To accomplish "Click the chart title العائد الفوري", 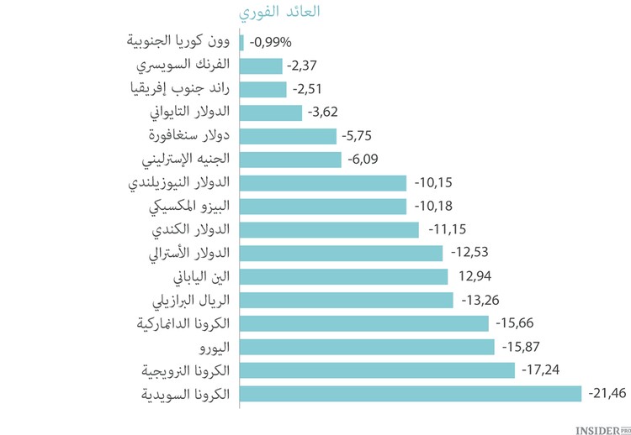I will point(279,13).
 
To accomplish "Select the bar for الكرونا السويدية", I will point(411,394).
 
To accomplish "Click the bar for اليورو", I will point(367,347).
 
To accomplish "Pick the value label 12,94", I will point(473,276).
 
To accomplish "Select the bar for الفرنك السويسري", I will point(261,66).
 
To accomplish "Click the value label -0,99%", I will point(271,42).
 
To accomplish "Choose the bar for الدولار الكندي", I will point(329,229).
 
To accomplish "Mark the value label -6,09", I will point(365,159).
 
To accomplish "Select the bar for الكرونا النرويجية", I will point(377,370).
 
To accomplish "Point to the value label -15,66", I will point(516,323).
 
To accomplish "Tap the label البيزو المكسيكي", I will point(193,206).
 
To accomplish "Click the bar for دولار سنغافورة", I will point(288,136).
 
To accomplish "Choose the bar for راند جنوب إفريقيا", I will point(263,89).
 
